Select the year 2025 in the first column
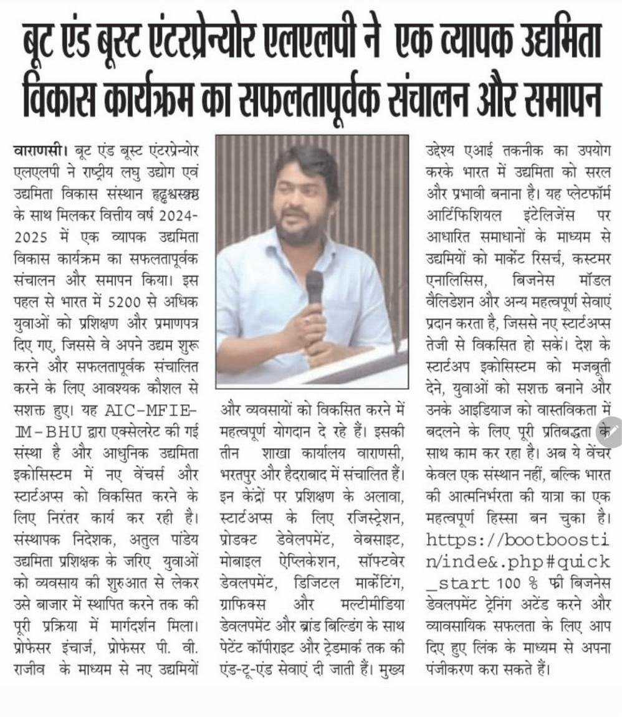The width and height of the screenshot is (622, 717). click(27, 238)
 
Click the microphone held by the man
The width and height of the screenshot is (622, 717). click(314, 287)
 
